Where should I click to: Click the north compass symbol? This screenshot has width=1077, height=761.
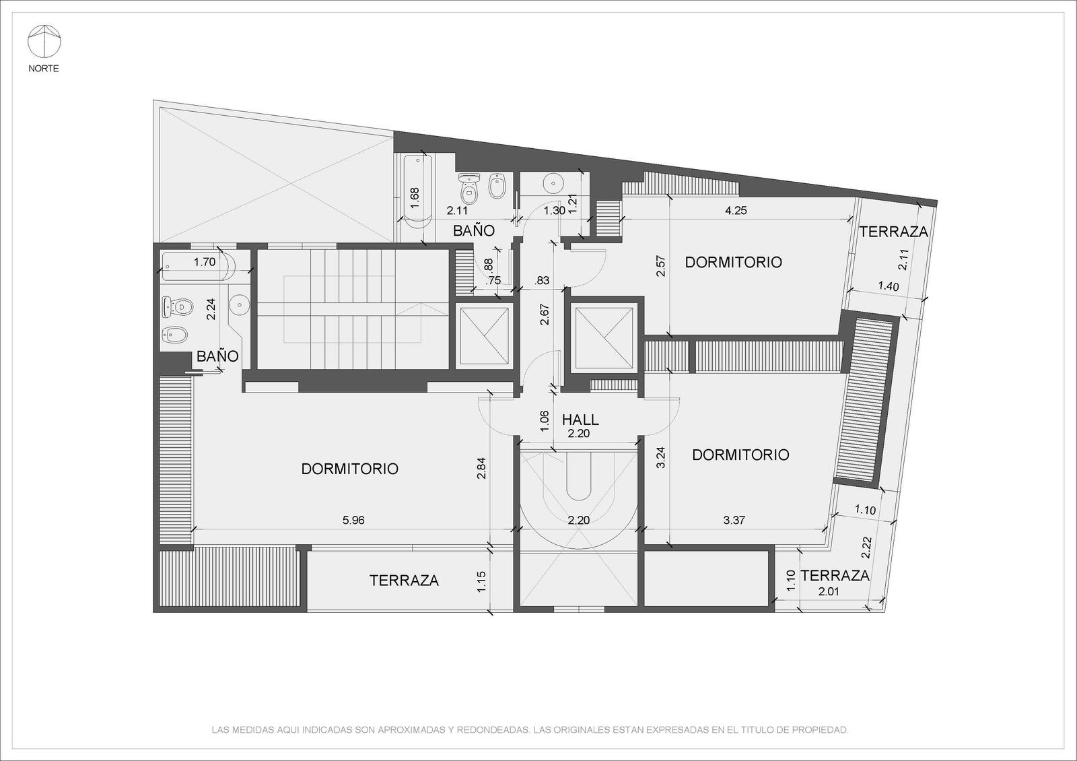(x=44, y=41)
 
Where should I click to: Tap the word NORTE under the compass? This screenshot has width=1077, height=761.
(x=44, y=68)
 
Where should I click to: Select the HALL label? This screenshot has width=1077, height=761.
(x=580, y=420)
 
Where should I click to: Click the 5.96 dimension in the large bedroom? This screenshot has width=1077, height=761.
(x=353, y=520)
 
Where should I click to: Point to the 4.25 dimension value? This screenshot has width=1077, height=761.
(x=736, y=210)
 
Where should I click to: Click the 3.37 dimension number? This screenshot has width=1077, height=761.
(x=734, y=520)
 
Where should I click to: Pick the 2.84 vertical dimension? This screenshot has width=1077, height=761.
(x=481, y=468)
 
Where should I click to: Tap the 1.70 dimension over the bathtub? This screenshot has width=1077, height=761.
(x=205, y=262)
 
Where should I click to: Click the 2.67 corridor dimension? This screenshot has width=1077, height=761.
(x=545, y=314)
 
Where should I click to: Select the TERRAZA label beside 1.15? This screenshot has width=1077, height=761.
(x=404, y=581)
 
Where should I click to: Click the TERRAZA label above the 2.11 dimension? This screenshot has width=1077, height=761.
(x=893, y=232)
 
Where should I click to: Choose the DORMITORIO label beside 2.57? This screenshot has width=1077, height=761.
(x=733, y=262)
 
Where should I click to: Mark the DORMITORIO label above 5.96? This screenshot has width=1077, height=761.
(x=349, y=469)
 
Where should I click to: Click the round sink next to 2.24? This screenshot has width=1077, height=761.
(x=239, y=305)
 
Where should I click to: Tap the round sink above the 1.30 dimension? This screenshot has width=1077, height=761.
(x=553, y=183)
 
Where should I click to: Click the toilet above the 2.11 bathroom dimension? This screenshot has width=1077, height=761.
(x=468, y=189)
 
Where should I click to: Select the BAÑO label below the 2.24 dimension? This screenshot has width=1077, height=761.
(x=217, y=356)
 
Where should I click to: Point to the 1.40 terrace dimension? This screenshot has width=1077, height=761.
(x=888, y=286)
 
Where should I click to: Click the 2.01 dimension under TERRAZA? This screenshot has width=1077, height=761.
(x=829, y=592)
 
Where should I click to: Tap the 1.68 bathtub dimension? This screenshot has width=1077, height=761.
(x=415, y=198)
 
